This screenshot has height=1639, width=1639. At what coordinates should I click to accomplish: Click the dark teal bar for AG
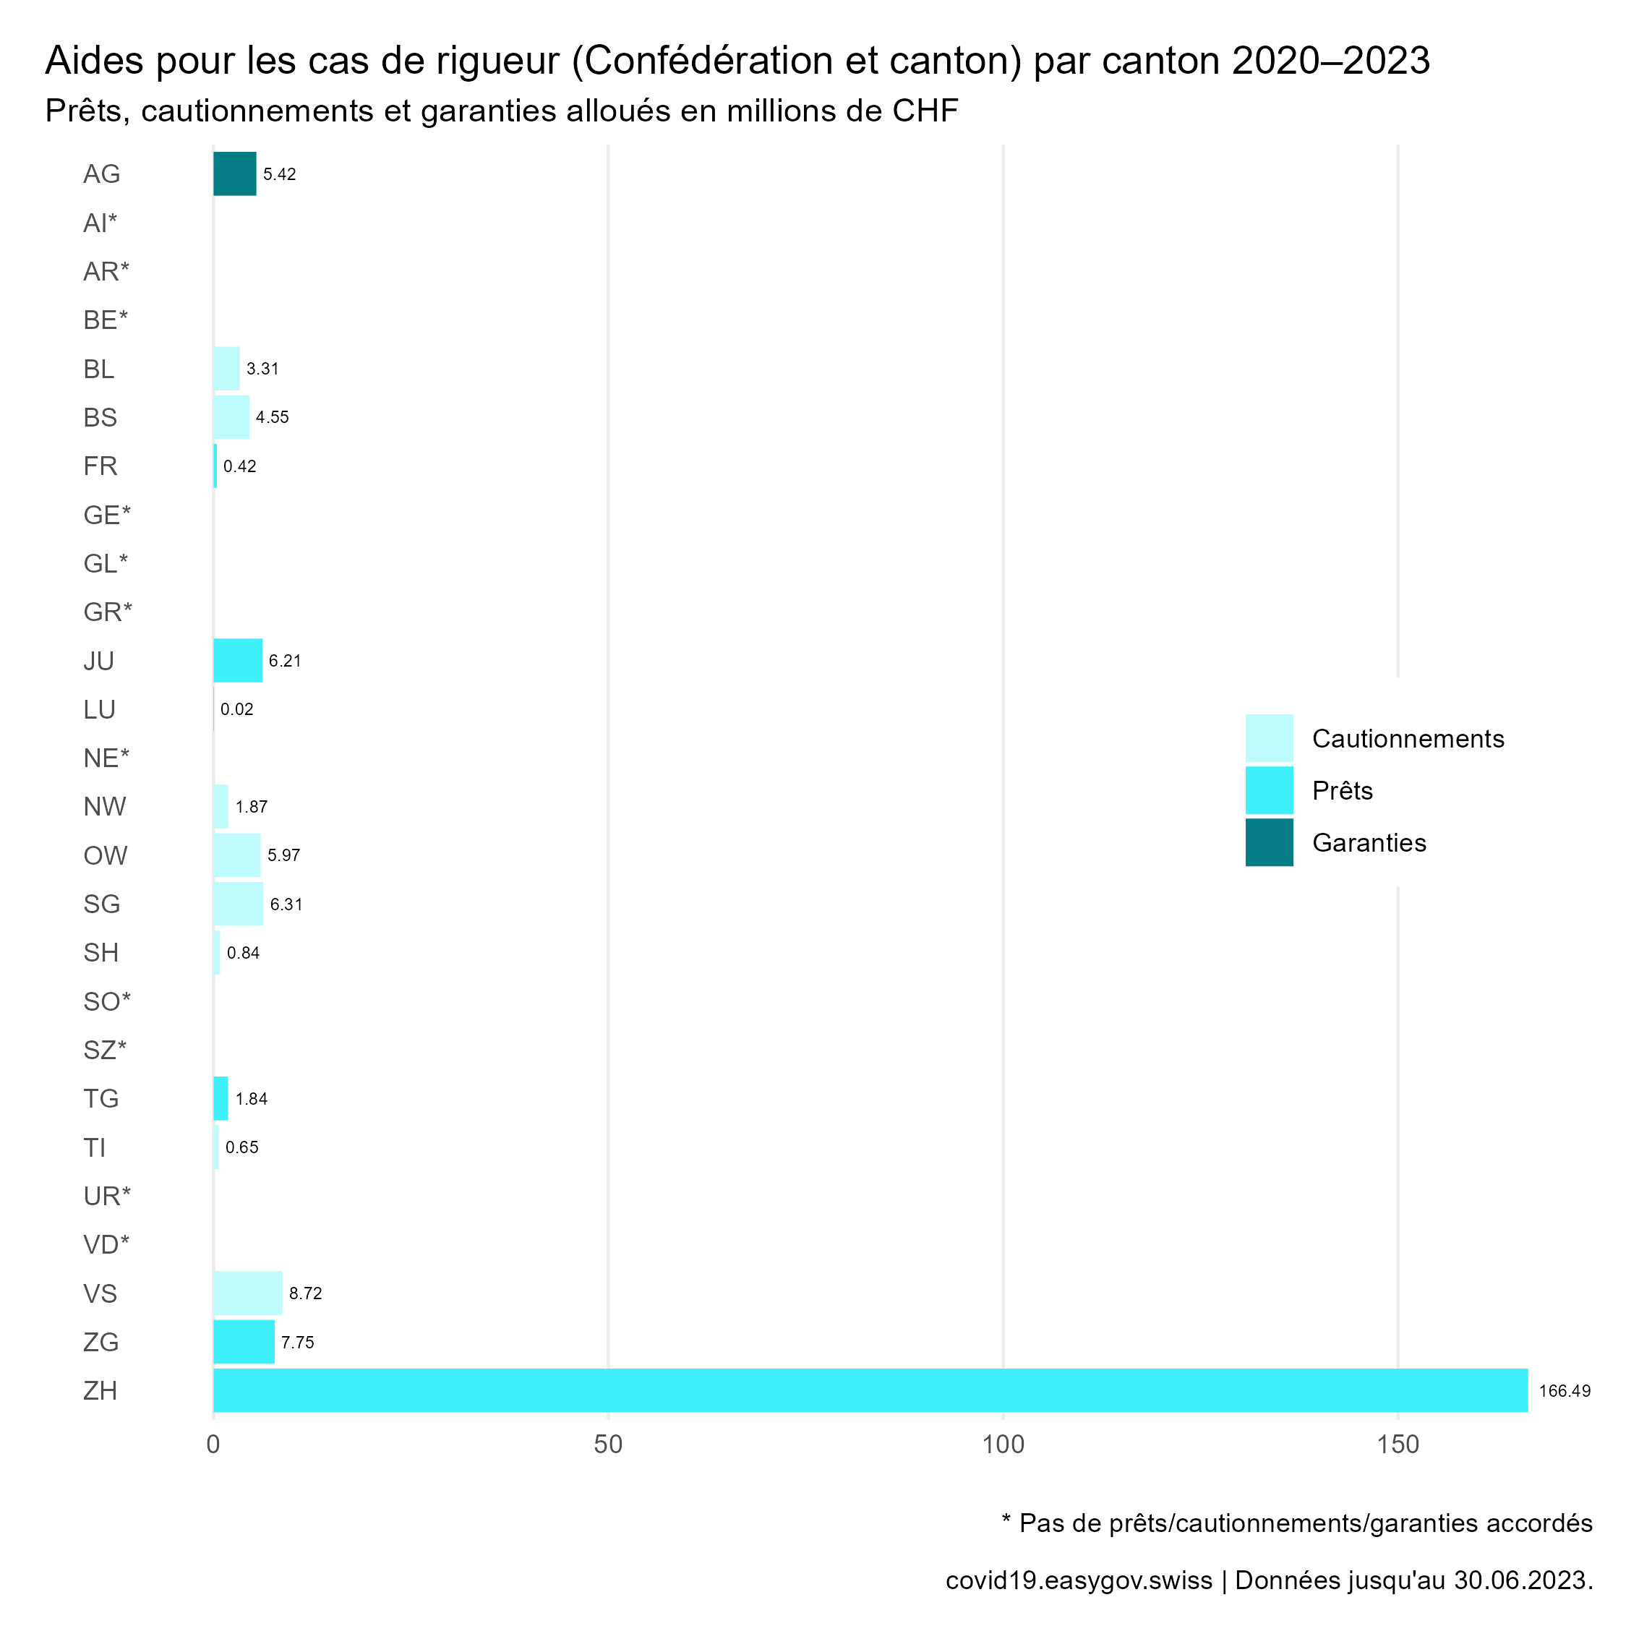tap(234, 174)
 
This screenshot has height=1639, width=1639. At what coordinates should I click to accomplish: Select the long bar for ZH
tap(870, 1390)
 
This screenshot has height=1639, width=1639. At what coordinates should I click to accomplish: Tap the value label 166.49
tap(1565, 1391)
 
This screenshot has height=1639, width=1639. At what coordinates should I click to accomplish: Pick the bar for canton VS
tap(247, 1293)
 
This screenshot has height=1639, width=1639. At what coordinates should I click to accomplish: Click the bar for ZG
tap(244, 1342)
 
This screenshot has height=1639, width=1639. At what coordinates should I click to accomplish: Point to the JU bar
tap(238, 660)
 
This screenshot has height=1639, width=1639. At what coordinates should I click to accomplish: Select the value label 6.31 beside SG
tap(286, 904)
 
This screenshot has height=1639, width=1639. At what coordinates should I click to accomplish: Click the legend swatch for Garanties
tap(1269, 842)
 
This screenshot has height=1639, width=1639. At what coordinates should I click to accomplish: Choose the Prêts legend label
tap(1342, 791)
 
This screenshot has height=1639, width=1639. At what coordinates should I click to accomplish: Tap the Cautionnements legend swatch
tap(1269, 738)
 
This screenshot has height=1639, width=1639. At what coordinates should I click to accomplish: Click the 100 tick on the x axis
tap(1003, 1444)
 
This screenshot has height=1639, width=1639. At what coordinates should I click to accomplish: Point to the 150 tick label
tap(1398, 1444)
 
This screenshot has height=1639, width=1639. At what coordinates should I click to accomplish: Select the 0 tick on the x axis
tap(213, 1444)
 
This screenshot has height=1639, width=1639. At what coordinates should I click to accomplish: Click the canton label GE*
tap(107, 515)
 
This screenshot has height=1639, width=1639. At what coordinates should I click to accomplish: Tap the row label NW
tap(104, 807)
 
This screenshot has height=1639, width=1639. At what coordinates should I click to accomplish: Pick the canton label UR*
tap(107, 1196)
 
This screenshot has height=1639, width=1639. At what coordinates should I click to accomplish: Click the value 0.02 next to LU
tap(236, 709)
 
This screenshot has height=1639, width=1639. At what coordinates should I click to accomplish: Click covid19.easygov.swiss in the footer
tap(1078, 1580)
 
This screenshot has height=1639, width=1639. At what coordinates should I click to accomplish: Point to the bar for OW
tap(236, 855)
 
